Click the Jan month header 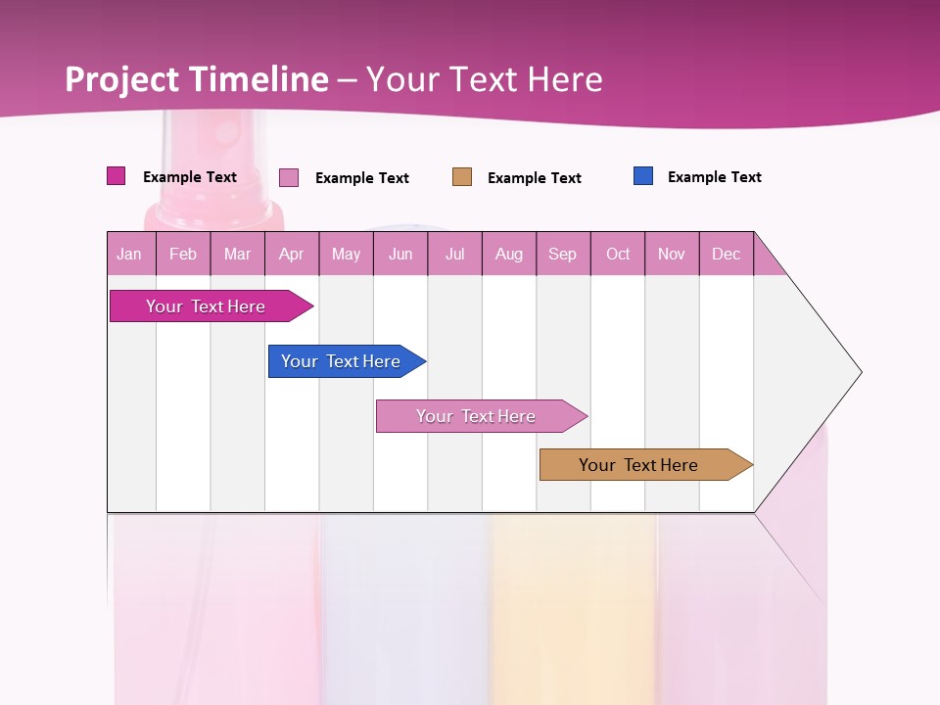[130, 254]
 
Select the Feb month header [183, 254]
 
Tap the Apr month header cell [292, 254]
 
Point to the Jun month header [400, 254]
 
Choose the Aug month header [509, 254]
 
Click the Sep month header [563, 254]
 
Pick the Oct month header [618, 254]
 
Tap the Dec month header [727, 254]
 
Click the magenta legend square [117, 176]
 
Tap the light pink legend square [289, 177]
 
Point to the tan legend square [462, 177]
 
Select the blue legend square [643, 176]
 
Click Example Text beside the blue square [714, 177]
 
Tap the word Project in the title [122, 79]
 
